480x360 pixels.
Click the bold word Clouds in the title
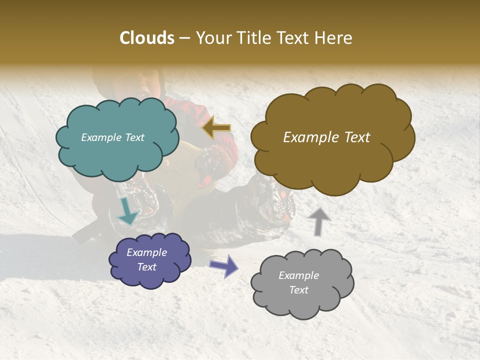147,38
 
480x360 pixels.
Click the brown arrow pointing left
217,128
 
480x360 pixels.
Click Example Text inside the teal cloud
112,137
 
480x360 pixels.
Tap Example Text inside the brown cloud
326,137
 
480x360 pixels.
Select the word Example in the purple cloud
146,252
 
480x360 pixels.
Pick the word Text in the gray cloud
298,290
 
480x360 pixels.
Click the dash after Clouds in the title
184,38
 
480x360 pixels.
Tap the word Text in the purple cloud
146,267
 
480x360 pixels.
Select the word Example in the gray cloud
298,275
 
